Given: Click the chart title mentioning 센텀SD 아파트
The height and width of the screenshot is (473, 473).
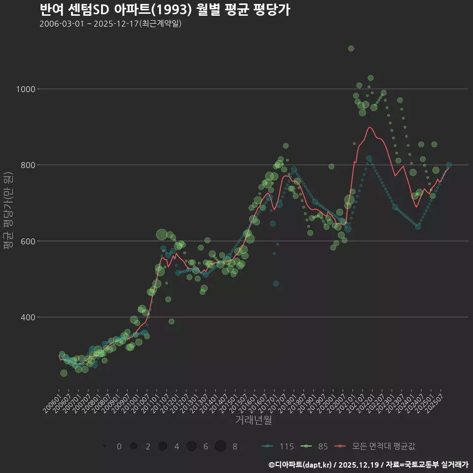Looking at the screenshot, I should (x=165, y=9).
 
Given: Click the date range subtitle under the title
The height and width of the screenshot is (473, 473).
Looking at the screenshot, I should (x=110, y=24).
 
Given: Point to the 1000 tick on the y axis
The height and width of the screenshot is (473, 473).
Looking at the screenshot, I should (x=26, y=89).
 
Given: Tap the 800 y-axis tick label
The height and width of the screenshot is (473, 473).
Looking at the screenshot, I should (x=28, y=165).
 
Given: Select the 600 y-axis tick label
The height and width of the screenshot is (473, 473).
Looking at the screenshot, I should (x=28, y=241).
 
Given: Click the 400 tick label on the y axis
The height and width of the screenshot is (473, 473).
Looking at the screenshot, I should (x=28, y=317).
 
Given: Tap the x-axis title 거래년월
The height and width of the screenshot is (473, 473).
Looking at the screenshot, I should (x=253, y=420).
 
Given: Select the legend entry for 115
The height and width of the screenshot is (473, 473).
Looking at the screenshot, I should (x=278, y=446).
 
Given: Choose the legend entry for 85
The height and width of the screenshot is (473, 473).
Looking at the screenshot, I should (x=316, y=446).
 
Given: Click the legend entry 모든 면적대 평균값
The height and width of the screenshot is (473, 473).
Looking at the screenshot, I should (x=377, y=446).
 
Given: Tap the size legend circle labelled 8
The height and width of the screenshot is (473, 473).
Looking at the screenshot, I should (x=220, y=446).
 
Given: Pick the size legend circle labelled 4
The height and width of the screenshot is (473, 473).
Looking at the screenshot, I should (x=163, y=446).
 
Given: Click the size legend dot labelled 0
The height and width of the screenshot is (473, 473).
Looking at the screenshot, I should (x=105, y=446).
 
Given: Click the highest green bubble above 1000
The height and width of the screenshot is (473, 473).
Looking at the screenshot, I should (x=351, y=48).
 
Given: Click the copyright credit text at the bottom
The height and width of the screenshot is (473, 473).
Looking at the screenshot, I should (x=368, y=464).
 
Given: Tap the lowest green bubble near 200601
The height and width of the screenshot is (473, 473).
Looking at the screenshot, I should (x=64, y=373).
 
